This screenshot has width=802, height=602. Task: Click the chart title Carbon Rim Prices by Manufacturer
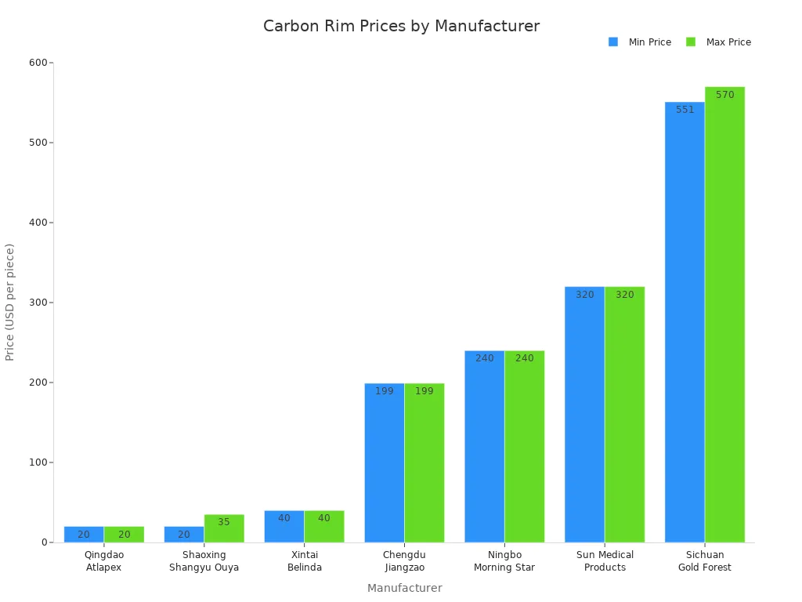point(401,26)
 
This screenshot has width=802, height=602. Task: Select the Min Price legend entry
point(649,42)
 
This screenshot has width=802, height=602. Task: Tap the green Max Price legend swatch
point(691,42)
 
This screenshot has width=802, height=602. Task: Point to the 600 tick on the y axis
point(37,63)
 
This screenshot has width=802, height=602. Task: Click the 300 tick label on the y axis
point(37,303)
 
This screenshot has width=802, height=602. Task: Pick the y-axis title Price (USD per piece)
point(10,302)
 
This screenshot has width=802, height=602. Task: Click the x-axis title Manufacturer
point(404,588)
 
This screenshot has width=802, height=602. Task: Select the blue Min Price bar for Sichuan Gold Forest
point(685,321)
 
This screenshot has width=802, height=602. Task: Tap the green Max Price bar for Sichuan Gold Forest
point(724,314)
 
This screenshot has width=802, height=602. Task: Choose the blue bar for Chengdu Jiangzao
point(385,462)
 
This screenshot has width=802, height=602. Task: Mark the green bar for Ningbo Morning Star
point(524,447)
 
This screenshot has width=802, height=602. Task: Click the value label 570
point(724,95)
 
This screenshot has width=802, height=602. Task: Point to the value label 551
point(685,110)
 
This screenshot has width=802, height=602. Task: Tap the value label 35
point(224,522)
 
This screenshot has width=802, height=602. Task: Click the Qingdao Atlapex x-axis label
point(104,561)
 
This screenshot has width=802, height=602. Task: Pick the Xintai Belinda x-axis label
point(304,561)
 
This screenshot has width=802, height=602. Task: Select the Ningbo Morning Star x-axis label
point(504,561)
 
